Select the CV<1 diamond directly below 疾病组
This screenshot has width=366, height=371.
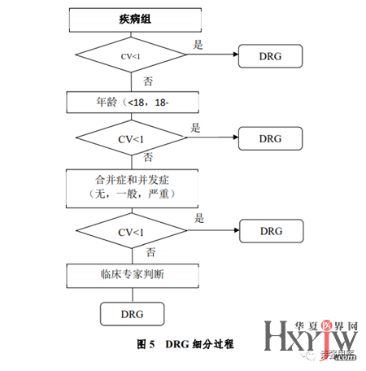(x=131, y=57)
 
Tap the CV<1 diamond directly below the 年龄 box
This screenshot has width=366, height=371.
(x=131, y=138)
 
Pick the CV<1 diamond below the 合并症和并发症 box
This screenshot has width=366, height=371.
(x=131, y=232)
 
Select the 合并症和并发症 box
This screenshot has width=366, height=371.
(x=131, y=185)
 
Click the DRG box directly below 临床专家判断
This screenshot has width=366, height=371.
(x=131, y=313)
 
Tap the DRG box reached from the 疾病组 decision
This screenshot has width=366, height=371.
(x=271, y=57)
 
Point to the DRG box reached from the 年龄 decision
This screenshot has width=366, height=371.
(x=271, y=138)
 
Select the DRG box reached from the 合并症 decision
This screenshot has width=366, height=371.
(x=271, y=232)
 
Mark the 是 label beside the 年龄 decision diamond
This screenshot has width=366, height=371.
(x=196, y=128)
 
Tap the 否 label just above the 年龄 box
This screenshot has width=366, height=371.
(x=148, y=81)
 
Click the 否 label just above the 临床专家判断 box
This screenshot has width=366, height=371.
(x=148, y=254)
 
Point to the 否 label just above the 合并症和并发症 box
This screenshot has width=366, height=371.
(x=148, y=157)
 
